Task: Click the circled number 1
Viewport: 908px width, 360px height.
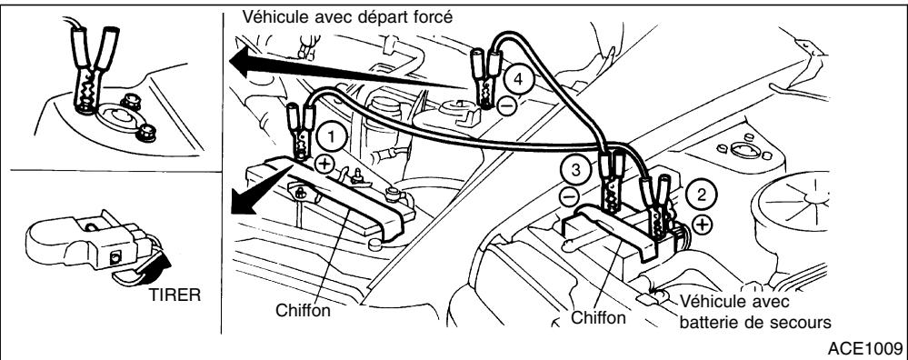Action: coord(334,136)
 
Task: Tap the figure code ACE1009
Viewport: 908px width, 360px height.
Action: coord(867,348)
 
